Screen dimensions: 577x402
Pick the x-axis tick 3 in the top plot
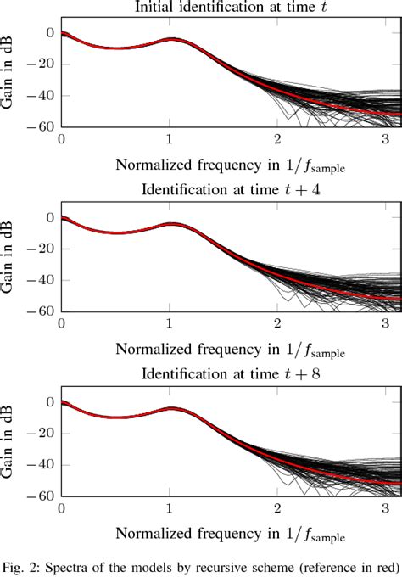[x=386, y=138]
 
